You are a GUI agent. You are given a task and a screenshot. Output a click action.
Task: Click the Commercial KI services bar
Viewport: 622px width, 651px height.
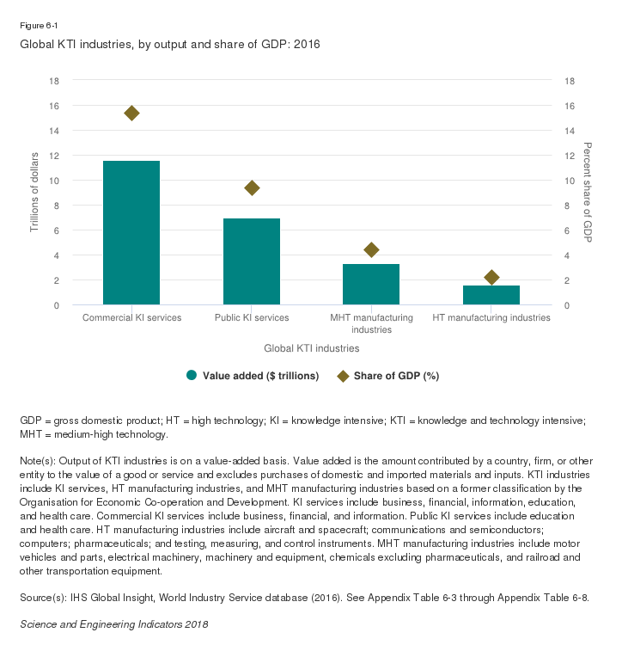(x=131, y=232)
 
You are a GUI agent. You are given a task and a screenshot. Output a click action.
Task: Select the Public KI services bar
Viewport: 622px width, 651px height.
(x=252, y=261)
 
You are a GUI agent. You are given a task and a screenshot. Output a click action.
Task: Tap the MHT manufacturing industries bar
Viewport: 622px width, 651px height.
(x=371, y=284)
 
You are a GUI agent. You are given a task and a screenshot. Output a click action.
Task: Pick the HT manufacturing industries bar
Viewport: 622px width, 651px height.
(x=491, y=295)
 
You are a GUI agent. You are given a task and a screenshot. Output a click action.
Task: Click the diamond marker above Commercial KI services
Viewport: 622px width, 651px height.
(x=131, y=113)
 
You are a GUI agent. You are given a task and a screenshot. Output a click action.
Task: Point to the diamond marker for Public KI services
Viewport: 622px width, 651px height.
(x=252, y=187)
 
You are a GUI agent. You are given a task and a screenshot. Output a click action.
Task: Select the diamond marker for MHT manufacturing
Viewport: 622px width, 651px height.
(x=371, y=249)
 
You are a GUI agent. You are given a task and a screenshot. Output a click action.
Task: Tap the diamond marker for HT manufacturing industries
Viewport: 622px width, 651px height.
(x=491, y=277)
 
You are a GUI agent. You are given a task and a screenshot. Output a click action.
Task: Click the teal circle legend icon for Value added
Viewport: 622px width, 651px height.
(x=192, y=375)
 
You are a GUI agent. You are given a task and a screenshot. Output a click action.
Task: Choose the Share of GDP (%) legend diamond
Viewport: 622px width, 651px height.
(x=341, y=375)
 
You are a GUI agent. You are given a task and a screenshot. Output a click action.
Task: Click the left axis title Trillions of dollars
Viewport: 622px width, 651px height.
(x=35, y=193)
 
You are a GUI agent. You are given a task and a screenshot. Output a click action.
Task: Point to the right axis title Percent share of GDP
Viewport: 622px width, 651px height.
(x=588, y=193)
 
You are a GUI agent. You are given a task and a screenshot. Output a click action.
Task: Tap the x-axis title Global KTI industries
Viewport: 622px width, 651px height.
(x=311, y=348)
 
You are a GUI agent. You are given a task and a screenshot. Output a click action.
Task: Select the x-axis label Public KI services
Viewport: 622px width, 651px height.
(x=252, y=317)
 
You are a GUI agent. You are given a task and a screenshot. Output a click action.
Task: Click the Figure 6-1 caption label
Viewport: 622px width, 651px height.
(x=38, y=25)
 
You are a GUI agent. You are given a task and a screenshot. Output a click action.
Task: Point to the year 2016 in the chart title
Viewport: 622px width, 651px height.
(x=305, y=43)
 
